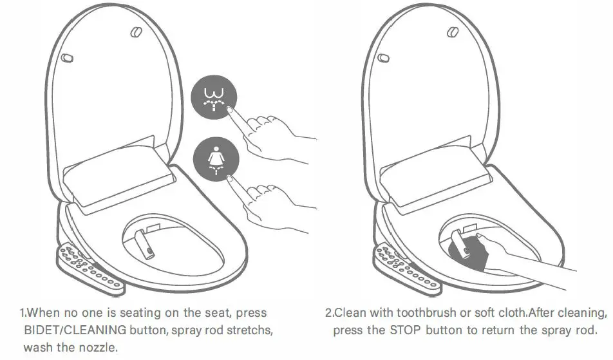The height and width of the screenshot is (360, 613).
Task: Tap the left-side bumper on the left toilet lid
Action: point(66,57)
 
